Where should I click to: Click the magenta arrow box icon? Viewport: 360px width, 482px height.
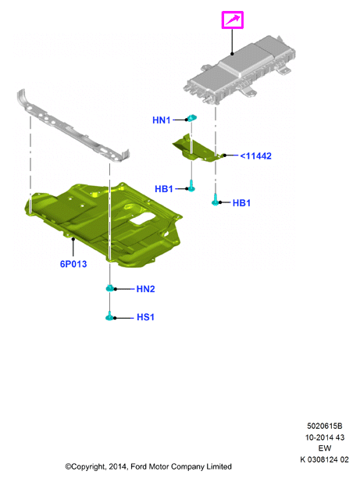click(233, 20)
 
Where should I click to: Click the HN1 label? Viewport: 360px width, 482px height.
click(162, 120)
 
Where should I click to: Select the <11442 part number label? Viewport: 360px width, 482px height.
click(256, 156)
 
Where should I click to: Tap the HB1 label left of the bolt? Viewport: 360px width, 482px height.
click(164, 189)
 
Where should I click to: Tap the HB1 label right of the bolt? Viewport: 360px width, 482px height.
click(241, 203)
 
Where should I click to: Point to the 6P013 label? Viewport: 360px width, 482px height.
click(73, 264)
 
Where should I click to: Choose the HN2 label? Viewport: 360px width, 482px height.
click(145, 289)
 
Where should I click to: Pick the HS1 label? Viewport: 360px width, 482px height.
click(145, 317)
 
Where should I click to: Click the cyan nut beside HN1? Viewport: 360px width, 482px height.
click(191, 118)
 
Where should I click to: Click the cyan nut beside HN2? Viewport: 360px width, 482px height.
click(109, 288)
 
